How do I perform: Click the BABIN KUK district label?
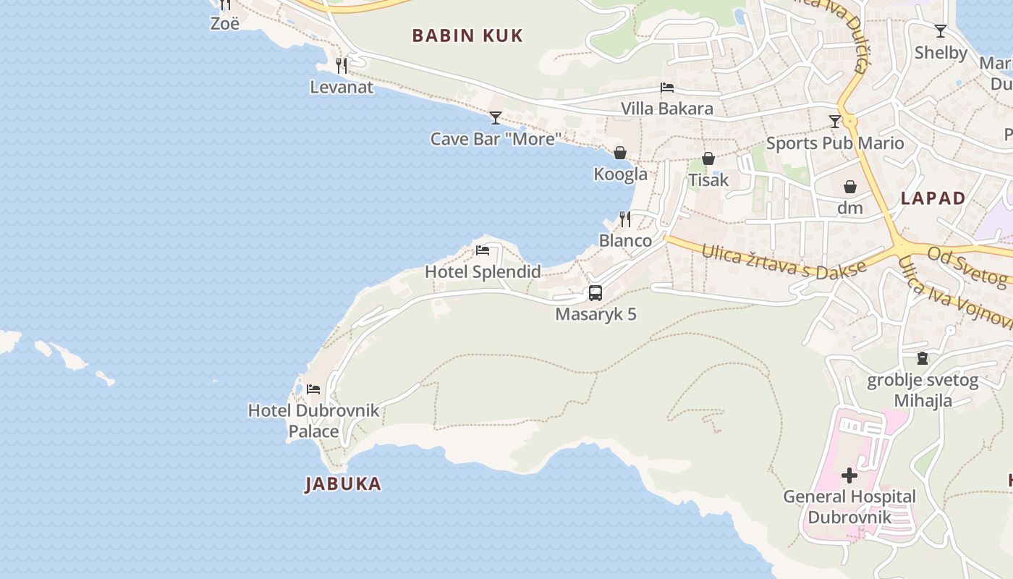point(467,35)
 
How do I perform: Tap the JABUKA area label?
point(343,483)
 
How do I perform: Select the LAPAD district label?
point(933,198)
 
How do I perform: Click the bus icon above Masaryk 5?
point(595,293)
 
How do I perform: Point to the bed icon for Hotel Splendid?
point(483,250)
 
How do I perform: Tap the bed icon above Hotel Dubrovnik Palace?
point(313,389)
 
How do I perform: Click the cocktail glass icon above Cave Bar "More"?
point(496,117)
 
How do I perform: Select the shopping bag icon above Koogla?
point(620,153)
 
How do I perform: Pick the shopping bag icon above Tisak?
point(708,159)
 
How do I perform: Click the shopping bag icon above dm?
point(850,187)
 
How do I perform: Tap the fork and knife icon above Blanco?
point(625,219)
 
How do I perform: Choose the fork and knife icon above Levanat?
point(342,66)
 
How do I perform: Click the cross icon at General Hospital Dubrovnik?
point(849,476)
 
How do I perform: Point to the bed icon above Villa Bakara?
point(667,88)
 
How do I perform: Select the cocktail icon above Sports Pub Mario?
point(835,122)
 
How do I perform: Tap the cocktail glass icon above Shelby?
point(941,31)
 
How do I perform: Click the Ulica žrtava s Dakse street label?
point(784,261)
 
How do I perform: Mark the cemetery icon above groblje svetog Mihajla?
point(923,358)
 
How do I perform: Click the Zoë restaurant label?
point(224,23)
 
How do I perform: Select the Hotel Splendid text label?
point(483,272)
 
